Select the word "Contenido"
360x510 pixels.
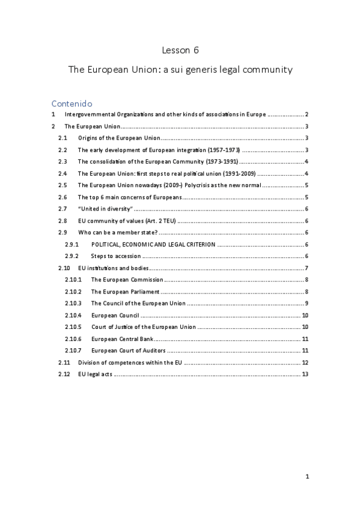coord(72,103)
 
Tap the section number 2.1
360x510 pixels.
coord(63,138)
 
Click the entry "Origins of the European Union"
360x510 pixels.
coord(119,138)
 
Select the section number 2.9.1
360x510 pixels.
coord(72,244)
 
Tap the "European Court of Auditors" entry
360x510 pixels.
coord(128,351)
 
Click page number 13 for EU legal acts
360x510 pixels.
coord(305,374)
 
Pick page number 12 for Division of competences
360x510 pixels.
coord(305,363)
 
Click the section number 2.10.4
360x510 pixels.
coord(73,315)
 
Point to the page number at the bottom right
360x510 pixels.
coord(307,477)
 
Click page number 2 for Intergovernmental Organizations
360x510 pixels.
coord(307,114)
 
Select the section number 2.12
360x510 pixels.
coord(64,374)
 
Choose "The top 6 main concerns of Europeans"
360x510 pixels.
coord(129,197)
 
